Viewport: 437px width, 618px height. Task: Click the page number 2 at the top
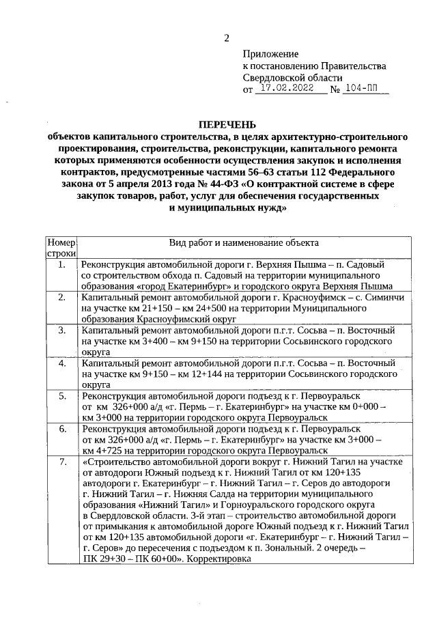pyautogui.click(x=227, y=38)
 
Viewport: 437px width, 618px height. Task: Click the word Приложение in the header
pyautogui.click(x=271, y=54)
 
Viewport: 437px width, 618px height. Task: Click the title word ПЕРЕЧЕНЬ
pyautogui.click(x=226, y=126)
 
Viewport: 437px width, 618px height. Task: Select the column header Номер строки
pyautogui.click(x=61, y=248)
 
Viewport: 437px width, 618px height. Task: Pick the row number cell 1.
pyautogui.click(x=61, y=264)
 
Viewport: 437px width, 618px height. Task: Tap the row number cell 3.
pyautogui.click(x=61, y=330)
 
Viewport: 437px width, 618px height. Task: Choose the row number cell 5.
pyautogui.click(x=61, y=396)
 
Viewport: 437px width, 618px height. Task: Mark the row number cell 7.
pyautogui.click(x=61, y=462)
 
